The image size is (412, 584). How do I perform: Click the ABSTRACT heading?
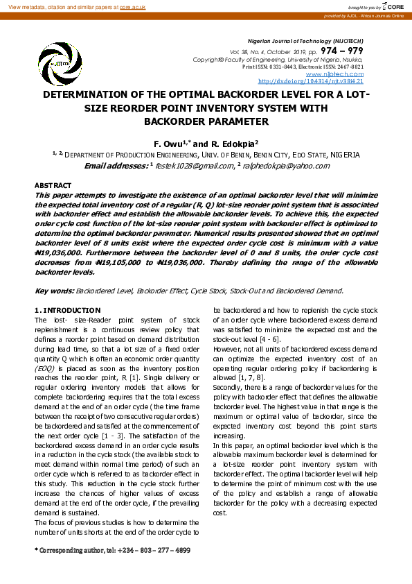tap(53, 185)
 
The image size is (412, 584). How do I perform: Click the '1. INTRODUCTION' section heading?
tap(67, 309)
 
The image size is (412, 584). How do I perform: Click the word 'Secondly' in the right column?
tap(228, 387)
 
